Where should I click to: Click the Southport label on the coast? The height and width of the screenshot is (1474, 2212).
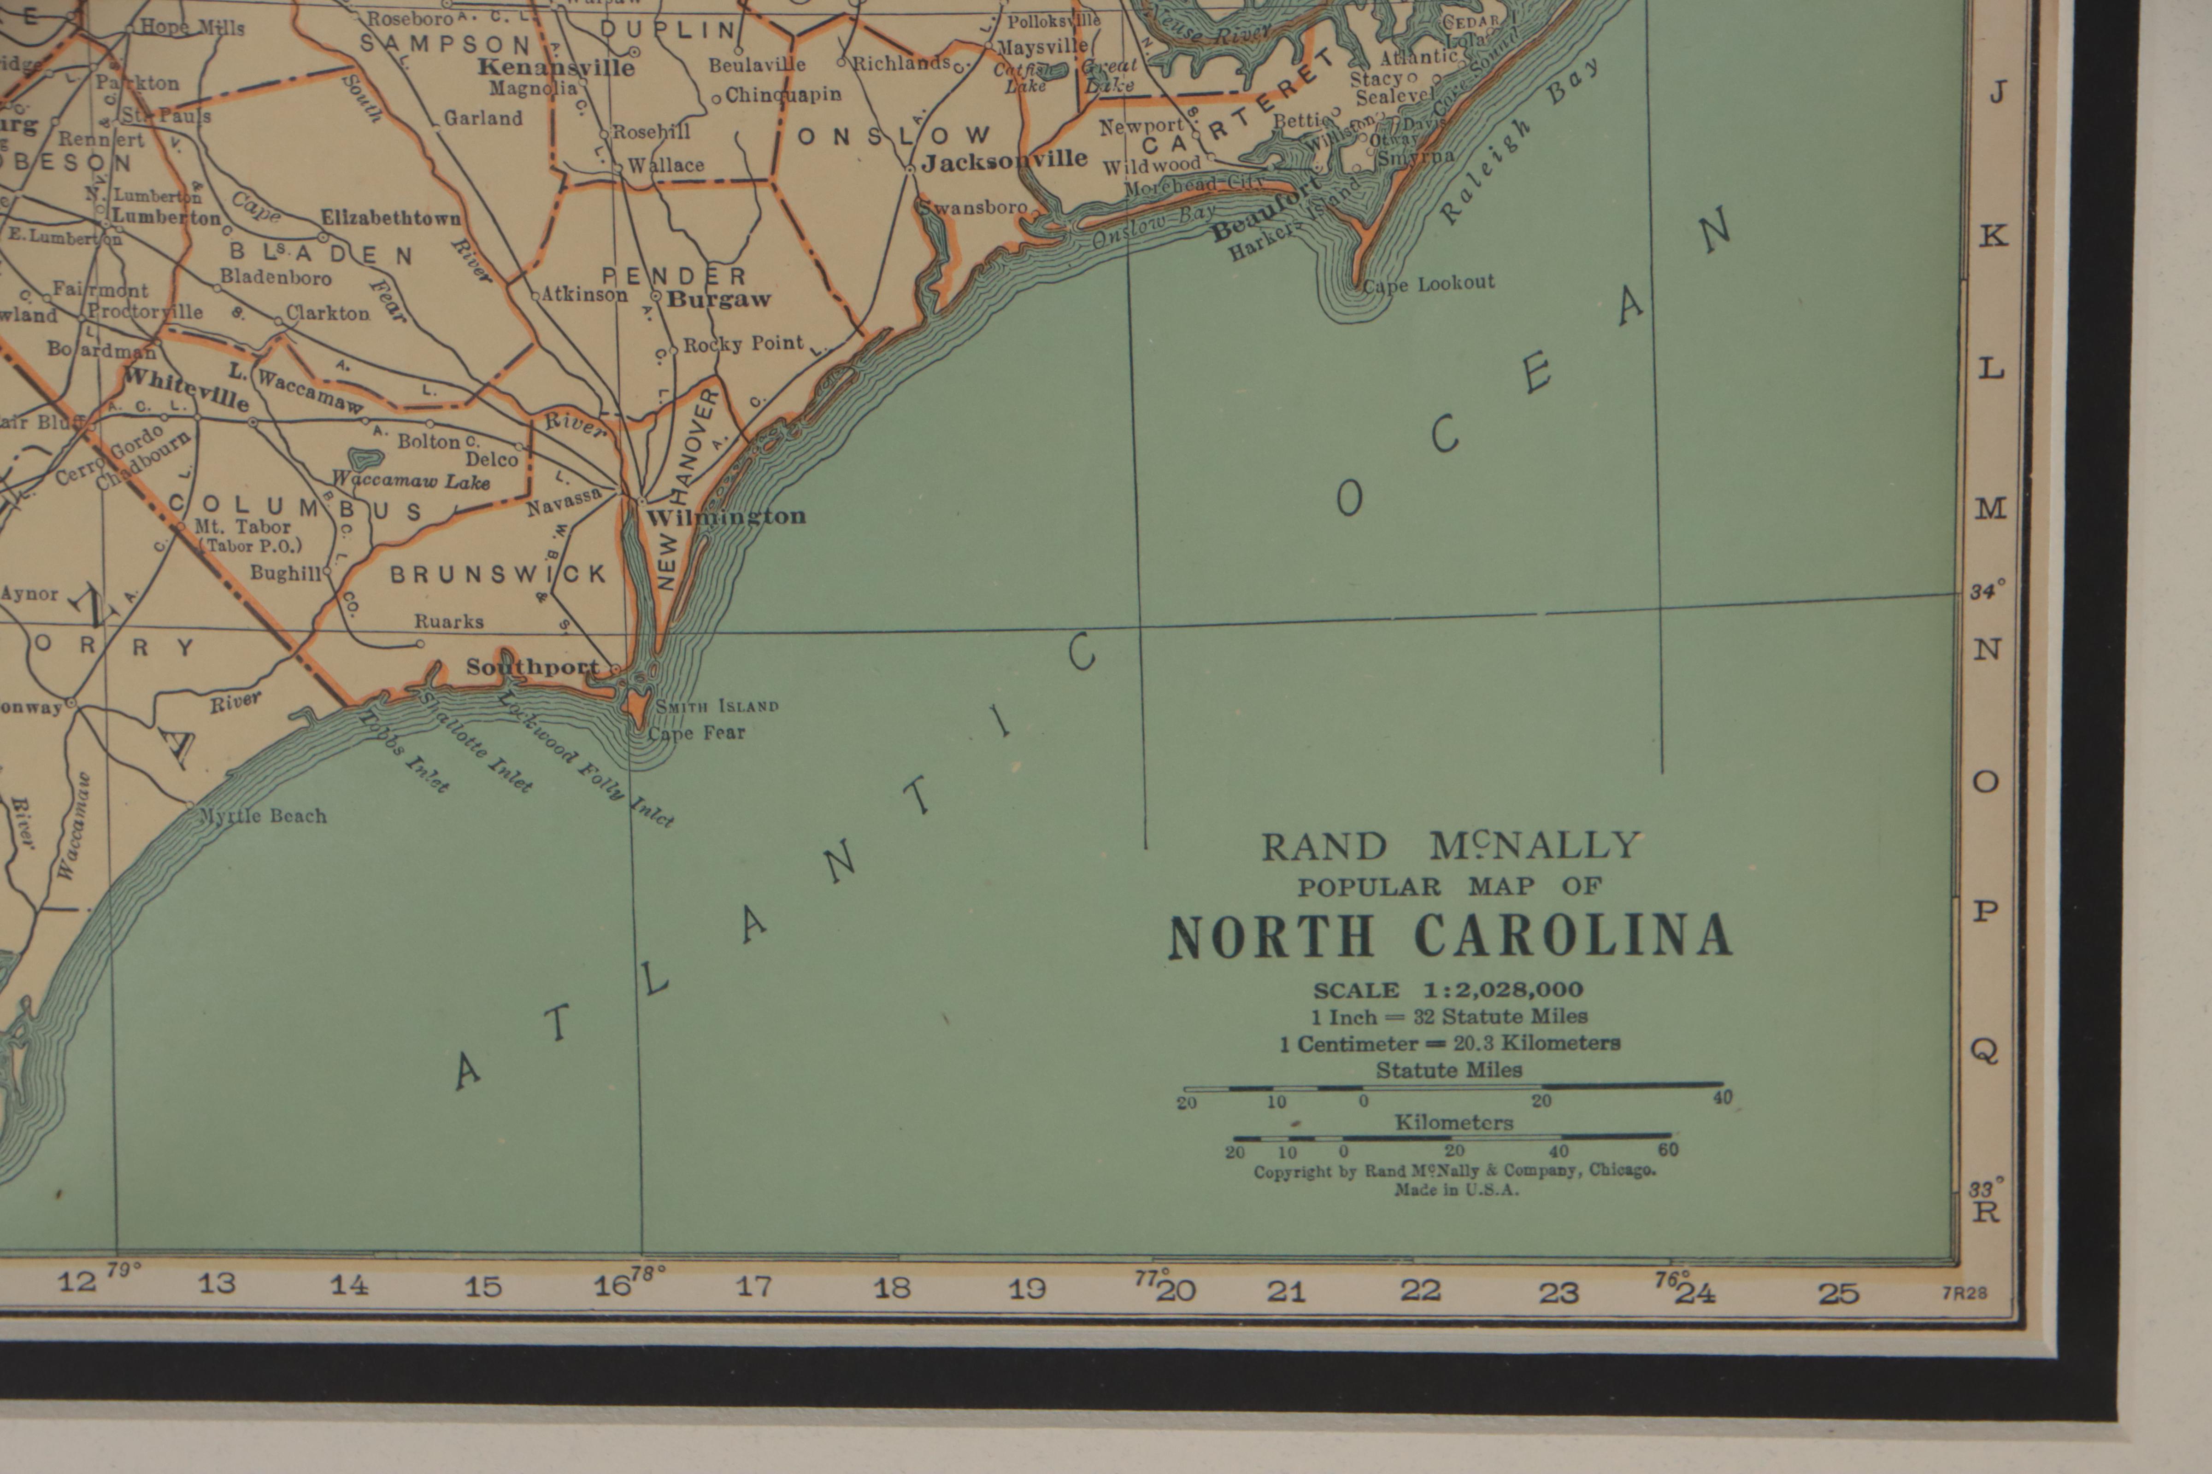point(532,667)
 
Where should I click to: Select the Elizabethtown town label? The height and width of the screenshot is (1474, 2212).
point(391,218)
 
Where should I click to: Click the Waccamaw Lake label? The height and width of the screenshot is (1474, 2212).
point(412,481)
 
